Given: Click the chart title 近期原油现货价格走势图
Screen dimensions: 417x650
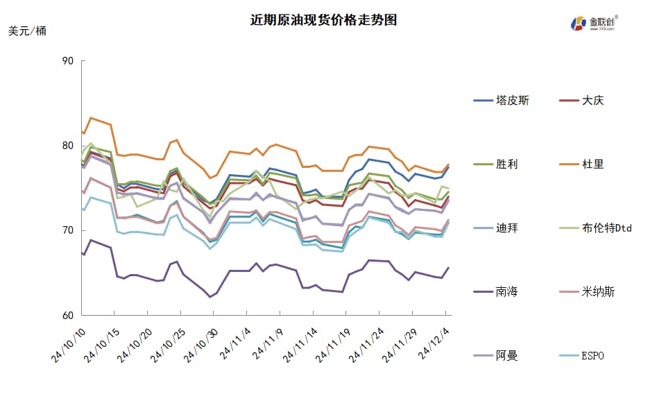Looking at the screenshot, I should pos(324,19).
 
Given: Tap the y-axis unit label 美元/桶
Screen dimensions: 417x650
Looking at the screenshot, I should pos(27,31).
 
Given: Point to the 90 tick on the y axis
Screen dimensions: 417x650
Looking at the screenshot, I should pos(67,61).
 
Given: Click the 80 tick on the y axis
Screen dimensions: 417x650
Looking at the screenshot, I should pos(67,146).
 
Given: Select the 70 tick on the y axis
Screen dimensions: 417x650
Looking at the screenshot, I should pos(67,230).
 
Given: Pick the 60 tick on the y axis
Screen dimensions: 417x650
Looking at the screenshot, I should pos(67,316).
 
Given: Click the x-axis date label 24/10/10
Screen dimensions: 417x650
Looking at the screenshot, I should pos(68,344).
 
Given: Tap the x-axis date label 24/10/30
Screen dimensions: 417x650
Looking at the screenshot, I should pos(200,344).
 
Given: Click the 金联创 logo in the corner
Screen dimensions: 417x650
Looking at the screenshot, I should pos(594,22).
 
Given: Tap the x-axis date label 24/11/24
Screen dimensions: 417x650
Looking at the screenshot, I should pos(366,344).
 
